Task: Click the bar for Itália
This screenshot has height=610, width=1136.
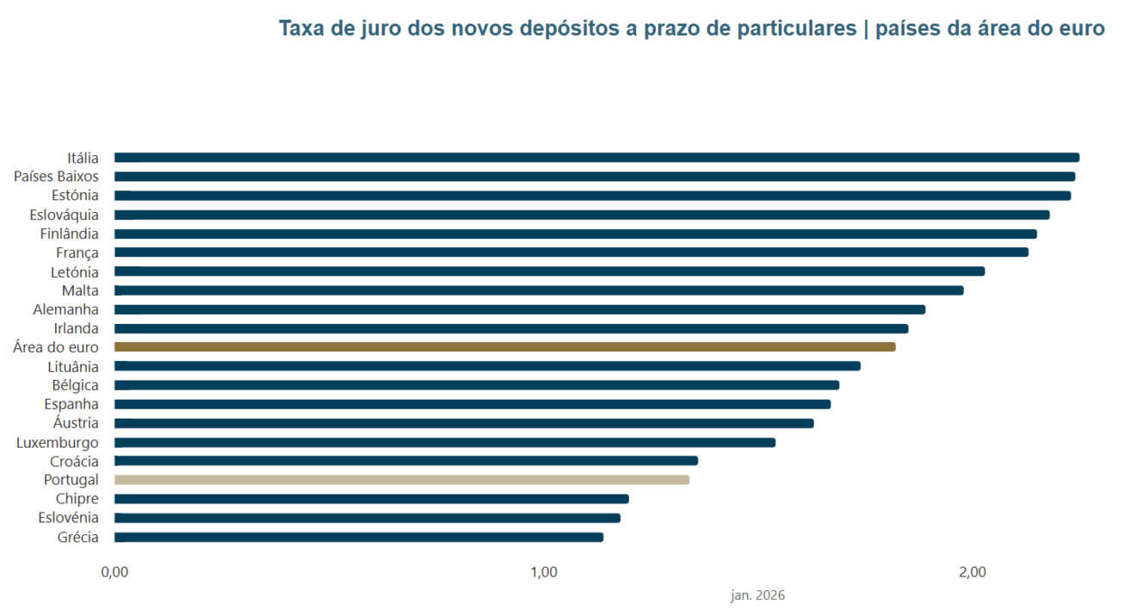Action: [x=596, y=158]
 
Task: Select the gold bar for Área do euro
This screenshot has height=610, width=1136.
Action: [x=504, y=347]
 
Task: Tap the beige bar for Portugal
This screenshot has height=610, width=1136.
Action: [x=401, y=480]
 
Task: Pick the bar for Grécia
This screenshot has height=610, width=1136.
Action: [x=358, y=538]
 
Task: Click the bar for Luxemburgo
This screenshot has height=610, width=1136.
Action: [x=444, y=443]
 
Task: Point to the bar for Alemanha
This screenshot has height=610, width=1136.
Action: [x=519, y=309]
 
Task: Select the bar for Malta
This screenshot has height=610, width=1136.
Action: [x=538, y=290]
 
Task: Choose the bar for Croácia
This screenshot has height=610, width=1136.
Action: [x=405, y=461]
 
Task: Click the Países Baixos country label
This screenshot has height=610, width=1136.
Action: [x=56, y=177]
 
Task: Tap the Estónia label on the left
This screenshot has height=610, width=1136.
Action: [x=75, y=196]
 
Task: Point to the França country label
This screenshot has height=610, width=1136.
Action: [x=77, y=252]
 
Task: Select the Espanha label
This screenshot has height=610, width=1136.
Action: [x=71, y=404]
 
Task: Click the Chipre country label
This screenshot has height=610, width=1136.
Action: [x=77, y=499]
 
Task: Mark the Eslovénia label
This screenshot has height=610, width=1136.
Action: [x=68, y=518]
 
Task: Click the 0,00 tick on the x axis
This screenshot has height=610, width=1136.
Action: [x=114, y=573]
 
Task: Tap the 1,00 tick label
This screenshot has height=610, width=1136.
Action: [x=544, y=573]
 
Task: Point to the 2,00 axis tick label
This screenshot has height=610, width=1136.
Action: [x=972, y=573]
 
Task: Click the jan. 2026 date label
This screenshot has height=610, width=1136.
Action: [x=757, y=595]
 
